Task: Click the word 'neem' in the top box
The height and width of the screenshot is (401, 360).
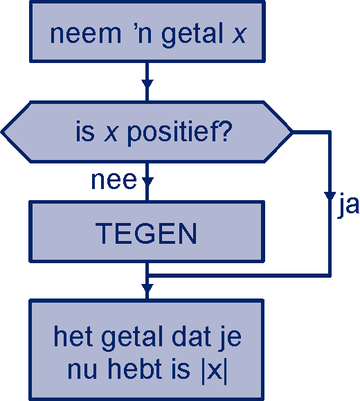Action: [85, 34]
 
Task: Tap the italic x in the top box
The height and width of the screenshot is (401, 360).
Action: [239, 35]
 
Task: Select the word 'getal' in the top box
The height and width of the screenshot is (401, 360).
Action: [192, 35]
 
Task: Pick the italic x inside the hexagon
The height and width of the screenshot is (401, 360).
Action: [111, 134]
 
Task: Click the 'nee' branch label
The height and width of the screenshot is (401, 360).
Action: [114, 181]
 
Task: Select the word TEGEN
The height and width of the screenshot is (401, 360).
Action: [146, 233]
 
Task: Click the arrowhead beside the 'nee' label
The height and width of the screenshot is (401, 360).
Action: [147, 181]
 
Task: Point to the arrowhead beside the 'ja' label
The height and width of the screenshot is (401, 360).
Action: [330, 196]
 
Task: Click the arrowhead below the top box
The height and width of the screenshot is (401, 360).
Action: [147, 84]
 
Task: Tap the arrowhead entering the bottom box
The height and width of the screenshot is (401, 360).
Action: [147, 288]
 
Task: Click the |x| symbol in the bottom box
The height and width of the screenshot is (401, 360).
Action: [214, 371]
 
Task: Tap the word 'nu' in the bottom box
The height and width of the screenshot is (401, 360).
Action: [82, 371]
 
